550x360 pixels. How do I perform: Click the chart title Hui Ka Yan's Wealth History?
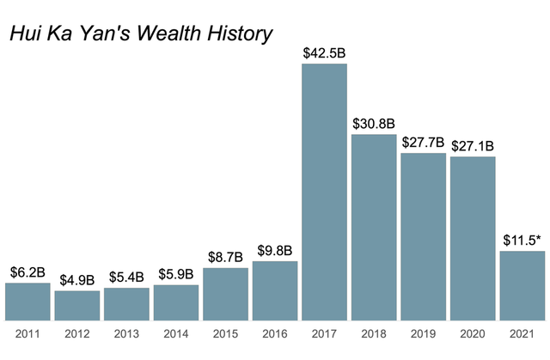[140, 34]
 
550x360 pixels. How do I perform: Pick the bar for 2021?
[522, 285]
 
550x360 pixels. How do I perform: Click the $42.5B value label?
[325, 53]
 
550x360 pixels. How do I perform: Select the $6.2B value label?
[27, 272]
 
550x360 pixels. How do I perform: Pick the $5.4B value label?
[127, 278]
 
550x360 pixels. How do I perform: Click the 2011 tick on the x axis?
[27, 333]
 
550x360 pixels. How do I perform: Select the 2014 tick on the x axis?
[176, 333]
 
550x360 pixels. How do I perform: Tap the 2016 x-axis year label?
[275, 333]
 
